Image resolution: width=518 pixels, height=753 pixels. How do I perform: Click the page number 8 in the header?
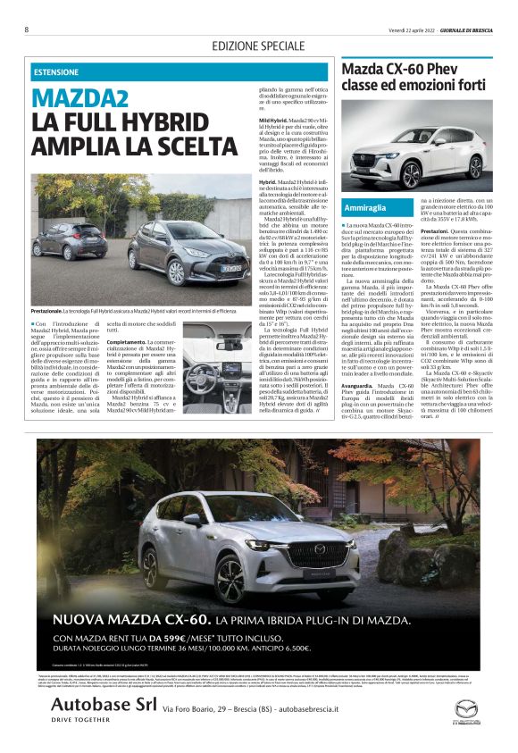[x=26, y=29]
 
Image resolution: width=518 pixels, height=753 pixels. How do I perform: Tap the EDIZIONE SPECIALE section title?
[x=258, y=46]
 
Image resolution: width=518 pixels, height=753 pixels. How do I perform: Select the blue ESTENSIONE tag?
[x=56, y=71]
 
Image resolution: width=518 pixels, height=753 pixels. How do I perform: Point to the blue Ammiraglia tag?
[x=365, y=207]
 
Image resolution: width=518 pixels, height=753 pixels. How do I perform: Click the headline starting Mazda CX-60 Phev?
[x=412, y=78]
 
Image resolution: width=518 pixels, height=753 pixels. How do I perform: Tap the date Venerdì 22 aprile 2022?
[x=395, y=29]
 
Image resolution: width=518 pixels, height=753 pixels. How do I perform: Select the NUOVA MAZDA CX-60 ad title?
[x=132, y=618]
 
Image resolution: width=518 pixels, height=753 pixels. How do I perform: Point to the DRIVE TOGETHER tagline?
[x=81, y=719]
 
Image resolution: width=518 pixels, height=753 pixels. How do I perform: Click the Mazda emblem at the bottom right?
[x=467, y=710]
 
